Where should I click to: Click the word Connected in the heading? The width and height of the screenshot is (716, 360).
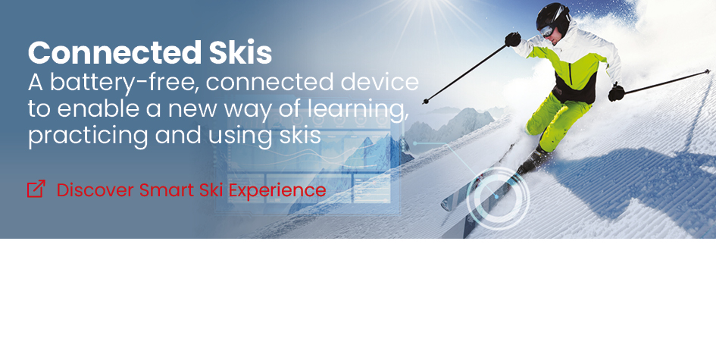[114, 52]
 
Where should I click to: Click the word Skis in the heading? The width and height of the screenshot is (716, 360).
[240, 52]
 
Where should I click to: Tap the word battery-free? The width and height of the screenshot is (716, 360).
[124, 83]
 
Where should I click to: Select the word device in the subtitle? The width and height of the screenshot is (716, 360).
[380, 82]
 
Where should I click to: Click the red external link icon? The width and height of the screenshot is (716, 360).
[36, 189]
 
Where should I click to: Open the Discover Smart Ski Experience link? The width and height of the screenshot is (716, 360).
[177, 189]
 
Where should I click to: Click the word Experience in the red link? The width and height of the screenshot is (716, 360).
[277, 190]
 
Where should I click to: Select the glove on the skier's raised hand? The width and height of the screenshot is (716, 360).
[513, 39]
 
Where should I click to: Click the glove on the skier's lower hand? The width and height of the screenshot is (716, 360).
[617, 92]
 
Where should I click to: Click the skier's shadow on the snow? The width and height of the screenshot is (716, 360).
[639, 178]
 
